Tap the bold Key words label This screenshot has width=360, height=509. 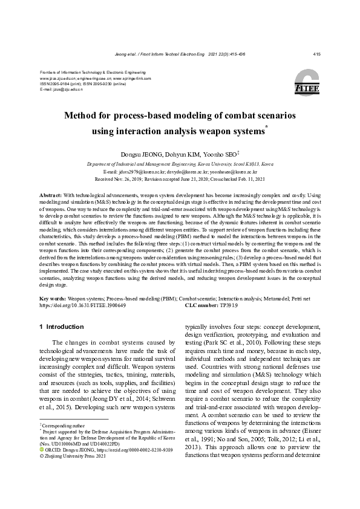53,299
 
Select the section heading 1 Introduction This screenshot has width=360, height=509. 61,327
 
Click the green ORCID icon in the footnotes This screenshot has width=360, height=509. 41,450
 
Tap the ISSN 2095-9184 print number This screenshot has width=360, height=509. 57,84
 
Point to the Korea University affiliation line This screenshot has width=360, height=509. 180,164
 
